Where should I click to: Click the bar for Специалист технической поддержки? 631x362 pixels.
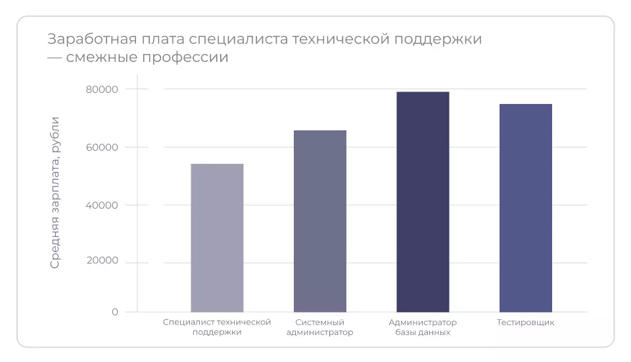click(217, 238)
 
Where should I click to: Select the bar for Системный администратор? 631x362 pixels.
click(319, 221)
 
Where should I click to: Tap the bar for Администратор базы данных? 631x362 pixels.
click(423, 201)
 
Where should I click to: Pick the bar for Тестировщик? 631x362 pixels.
click(525, 208)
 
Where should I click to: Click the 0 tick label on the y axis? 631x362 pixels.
click(115, 312)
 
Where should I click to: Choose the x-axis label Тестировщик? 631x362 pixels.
click(525, 323)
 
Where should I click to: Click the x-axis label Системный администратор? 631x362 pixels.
click(319, 327)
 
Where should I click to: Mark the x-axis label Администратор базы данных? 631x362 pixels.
click(423, 327)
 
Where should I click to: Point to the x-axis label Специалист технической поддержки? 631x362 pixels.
click(217, 327)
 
